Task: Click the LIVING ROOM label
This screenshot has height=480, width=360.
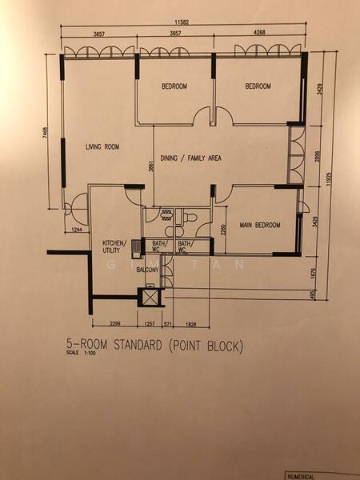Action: (x=102, y=146)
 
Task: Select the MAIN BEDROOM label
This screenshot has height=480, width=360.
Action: (x=261, y=226)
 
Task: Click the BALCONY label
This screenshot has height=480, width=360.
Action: (x=147, y=270)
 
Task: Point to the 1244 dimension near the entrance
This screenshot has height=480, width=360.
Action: (x=76, y=230)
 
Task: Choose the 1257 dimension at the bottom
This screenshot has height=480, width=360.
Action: (x=150, y=324)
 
